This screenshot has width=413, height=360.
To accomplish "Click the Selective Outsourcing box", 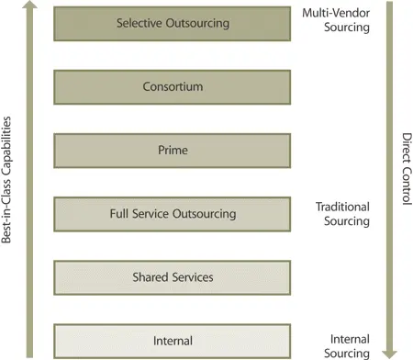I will click(x=173, y=23).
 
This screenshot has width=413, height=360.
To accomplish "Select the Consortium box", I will click(x=173, y=87).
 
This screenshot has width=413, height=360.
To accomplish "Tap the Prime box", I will click(x=173, y=151).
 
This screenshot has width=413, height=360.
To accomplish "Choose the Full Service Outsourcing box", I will click(x=173, y=214).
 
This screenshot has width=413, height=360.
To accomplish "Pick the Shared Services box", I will click(x=173, y=277).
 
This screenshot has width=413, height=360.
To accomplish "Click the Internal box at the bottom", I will click(x=173, y=341).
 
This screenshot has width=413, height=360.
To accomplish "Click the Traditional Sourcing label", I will click(x=341, y=214).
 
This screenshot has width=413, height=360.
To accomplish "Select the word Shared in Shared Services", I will click(x=151, y=277).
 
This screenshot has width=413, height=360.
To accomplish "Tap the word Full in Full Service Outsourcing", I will click(x=118, y=214).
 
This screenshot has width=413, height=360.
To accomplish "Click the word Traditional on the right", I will click(x=341, y=208).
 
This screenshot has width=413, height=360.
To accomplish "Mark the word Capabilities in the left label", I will click(x=10, y=146).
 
